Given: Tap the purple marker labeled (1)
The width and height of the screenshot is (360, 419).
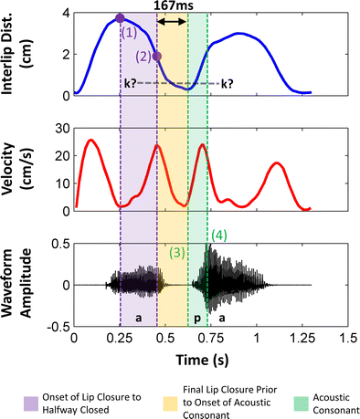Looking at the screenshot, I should point(121,18).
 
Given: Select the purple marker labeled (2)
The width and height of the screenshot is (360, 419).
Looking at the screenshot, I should point(157,56).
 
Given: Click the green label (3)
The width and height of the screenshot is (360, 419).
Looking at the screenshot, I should point(177,251).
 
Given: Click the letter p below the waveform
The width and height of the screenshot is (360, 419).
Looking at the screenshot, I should point(196,319).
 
